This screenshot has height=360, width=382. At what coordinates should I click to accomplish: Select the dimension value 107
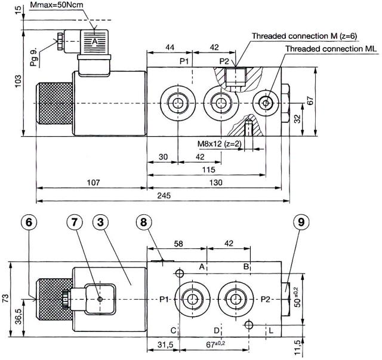coord(91,182)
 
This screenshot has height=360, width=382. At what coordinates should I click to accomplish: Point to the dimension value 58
coord(177,244)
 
